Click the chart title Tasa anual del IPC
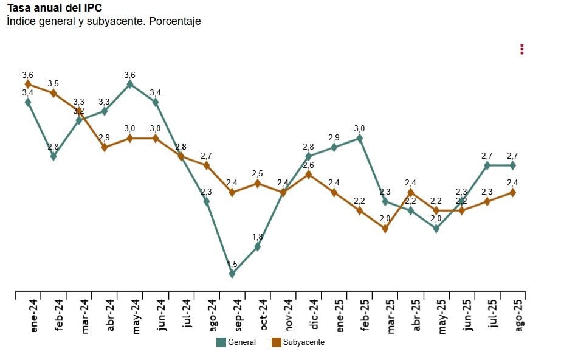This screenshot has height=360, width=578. [54, 8]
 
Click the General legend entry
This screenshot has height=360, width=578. [236, 342]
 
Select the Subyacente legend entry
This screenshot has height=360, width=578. [298, 342]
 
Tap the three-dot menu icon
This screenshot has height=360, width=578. [522, 49]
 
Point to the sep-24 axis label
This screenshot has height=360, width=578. [238, 316]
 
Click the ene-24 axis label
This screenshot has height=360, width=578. [33, 316]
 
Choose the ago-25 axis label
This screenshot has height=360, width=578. [519, 316]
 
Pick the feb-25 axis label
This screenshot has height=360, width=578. [365, 316]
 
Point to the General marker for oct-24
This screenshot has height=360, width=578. [258, 247]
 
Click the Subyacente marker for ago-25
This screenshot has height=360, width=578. [513, 192]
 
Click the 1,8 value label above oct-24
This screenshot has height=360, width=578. [258, 237]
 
